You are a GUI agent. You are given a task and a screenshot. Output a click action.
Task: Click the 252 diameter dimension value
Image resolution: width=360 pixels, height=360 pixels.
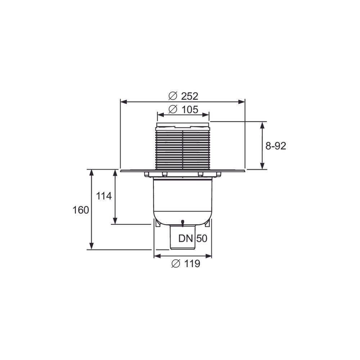click(190, 96)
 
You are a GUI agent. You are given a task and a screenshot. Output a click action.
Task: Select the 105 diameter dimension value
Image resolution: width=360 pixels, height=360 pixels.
click(190, 109)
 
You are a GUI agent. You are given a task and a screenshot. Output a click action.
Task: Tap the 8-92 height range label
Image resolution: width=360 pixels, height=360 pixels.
click(276, 146)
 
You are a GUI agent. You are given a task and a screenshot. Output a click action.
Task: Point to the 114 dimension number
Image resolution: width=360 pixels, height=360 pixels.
click(104, 196)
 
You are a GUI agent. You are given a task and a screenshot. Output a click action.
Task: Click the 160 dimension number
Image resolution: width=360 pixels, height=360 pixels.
click(81, 210)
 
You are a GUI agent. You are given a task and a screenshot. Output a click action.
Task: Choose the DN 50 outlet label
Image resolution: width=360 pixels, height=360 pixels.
click(193, 239)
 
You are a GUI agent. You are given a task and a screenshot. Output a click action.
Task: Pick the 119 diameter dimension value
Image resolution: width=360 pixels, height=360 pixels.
click(192, 264)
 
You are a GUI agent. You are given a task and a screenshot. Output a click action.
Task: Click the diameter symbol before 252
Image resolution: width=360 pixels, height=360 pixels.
click(173, 96)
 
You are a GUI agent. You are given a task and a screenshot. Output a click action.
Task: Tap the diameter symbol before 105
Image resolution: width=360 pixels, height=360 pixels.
click(173, 109)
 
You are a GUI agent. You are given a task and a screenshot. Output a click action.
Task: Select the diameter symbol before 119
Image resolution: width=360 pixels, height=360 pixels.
click(176, 264)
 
